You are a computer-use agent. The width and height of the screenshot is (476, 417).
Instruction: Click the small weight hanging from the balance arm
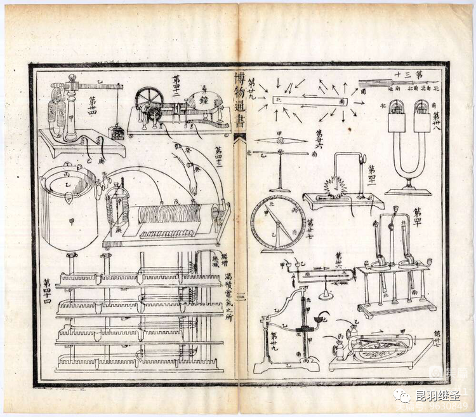pos(116,132)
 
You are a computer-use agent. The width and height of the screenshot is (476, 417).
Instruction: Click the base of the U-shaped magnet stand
pos(408,190)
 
